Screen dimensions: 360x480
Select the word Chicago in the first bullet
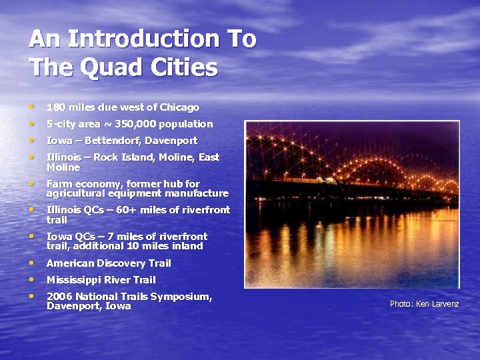click(x=178, y=107)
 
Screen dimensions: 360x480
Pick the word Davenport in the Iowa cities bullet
click(x=172, y=141)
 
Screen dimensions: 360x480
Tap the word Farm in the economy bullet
click(x=58, y=184)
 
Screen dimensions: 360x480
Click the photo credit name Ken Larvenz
click(x=437, y=304)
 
